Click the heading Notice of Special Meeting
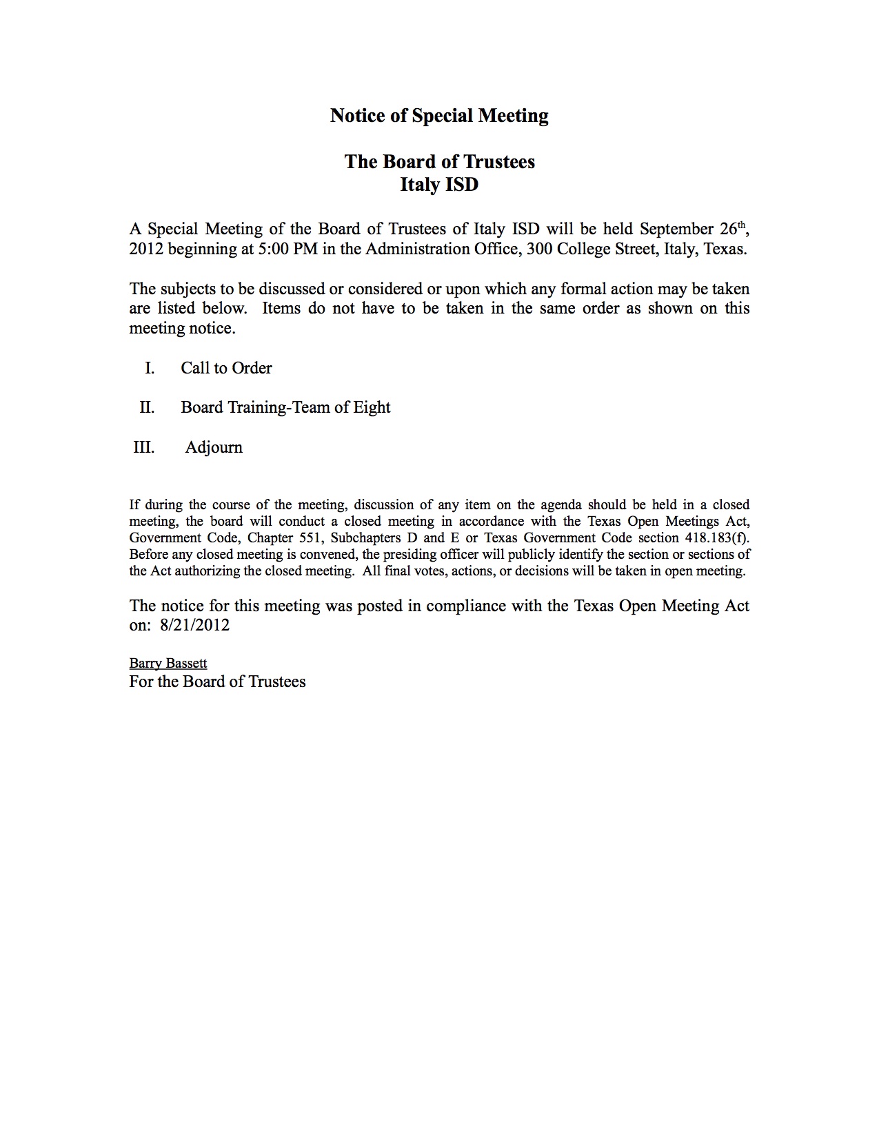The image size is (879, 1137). tap(439, 115)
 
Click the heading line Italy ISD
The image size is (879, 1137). tap(439, 185)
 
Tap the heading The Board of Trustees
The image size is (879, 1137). tap(439, 161)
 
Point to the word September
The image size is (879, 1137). tap(676, 229)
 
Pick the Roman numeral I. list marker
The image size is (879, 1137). tap(150, 368)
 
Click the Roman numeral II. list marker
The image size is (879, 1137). tap(147, 407)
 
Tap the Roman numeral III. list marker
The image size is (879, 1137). tap(144, 447)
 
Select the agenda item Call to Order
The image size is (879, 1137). tap(226, 368)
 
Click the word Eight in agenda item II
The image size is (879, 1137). tap(372, 407)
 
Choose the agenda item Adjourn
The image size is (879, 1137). tap(214, 447)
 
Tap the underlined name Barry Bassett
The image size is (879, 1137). tap(168, 663)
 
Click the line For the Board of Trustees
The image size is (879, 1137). tap(217, 682)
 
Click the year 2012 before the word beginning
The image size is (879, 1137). tap(146, 249)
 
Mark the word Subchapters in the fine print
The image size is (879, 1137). tap(363, 537)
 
